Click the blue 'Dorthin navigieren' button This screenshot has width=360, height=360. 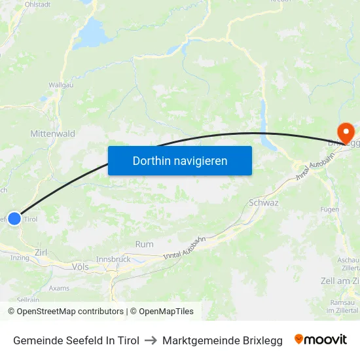(x=180, y=160)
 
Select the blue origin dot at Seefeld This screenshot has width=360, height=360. (x=14, y=219)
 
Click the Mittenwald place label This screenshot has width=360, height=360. (x=52, y=134)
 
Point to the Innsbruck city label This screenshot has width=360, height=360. (x=113, y=259)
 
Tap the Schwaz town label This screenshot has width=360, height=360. (x=264, y=203)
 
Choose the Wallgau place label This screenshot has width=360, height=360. (x=61, y=85)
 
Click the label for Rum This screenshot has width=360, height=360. (x=144, y=244)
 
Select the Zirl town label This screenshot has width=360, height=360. (x=41, y=252)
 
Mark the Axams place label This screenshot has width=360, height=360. (x=59, y=287)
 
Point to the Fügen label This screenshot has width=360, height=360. (x=330, y=209)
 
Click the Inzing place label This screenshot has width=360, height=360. (x=20, y=258)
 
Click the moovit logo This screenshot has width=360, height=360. (x=321, y=340)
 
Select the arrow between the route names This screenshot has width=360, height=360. (x=151, y=340)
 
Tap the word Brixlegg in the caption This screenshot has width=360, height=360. (x=258, y=340)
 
